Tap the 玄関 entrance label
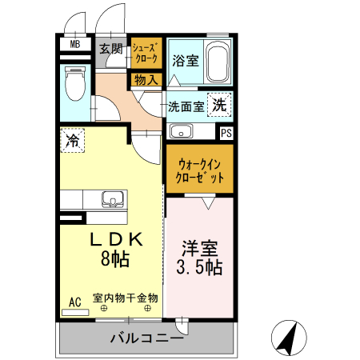click(111, 49)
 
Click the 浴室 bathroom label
click(186, 61)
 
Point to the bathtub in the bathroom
click(216, 62)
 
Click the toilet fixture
click(75, 83)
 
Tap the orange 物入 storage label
click(146, 79)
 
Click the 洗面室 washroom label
click(186, 106)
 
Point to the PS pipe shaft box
click(226, 133)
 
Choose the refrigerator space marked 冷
click(73, 142)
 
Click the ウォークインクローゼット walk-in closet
click(200, 168)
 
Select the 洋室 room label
click(199, 249)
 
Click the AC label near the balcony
click(75, 302)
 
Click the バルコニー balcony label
click(146, 339)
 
